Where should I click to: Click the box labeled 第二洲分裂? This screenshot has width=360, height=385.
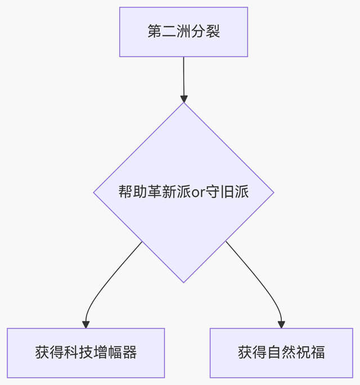183,32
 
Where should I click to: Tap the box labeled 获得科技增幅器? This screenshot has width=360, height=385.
85,353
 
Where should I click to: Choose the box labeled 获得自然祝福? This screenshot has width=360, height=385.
281,353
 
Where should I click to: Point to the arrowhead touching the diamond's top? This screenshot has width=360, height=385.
183,99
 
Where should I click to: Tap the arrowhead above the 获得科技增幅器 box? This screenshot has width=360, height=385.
85,324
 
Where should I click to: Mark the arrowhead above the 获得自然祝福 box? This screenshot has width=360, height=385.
281,324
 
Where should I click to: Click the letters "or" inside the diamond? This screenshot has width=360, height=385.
199,192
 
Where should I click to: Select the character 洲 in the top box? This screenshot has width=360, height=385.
183,32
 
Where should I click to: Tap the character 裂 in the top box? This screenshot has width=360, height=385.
213,32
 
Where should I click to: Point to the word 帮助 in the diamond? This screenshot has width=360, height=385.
133,192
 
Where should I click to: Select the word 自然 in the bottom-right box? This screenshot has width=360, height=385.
281,353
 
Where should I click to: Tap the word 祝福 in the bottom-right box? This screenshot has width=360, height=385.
310,353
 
